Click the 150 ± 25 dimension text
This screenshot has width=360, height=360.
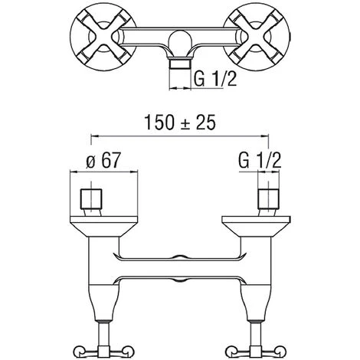[180, 123]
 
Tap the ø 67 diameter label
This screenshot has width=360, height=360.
[103, 161]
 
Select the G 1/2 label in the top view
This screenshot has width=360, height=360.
[215, 79]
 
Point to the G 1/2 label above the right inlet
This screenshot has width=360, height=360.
[260, 161]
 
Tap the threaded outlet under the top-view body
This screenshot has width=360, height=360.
[180, 64]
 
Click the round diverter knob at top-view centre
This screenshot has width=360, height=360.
[180, 41]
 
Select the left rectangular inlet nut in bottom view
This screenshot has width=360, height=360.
[91, 199]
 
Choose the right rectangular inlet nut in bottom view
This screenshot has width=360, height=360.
[268, 199]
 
